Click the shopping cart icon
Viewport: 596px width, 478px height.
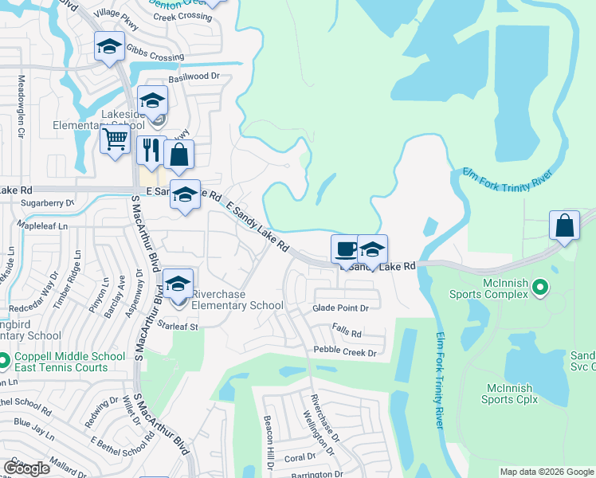(x=116, y=140)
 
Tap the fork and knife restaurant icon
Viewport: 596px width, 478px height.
(x=149, y=150)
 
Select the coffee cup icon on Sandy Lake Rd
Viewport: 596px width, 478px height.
(x=345, y=249)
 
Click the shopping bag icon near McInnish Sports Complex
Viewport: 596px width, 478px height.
(x=564, y=225)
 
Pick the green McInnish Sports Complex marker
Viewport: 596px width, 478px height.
(x=540, y=286)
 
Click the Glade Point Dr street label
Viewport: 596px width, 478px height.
(x=341, y=308)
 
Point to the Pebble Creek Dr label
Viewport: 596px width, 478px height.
(x=349, y=350)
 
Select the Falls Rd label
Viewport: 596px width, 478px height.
(x=347, y=334)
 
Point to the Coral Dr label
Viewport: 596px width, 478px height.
(x=300, y=457)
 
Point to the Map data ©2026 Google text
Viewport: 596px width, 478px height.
(x=546, y=472)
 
